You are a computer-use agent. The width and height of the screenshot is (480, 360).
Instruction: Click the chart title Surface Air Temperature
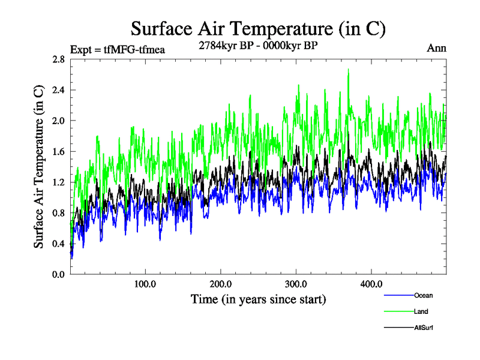coord(258,29)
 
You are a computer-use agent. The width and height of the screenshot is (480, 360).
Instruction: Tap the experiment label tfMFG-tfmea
coord(118,50)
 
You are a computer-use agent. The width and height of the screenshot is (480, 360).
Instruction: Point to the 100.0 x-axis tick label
coord(146,284)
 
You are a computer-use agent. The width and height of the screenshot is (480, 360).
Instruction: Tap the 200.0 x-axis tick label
coord(221,284)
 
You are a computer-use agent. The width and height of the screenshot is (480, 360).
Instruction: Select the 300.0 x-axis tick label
coord(296,284)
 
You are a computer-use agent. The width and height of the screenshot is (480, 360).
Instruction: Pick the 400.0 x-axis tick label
coord(371,284)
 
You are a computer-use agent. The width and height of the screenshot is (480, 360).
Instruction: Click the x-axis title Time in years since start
coord(258,299)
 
